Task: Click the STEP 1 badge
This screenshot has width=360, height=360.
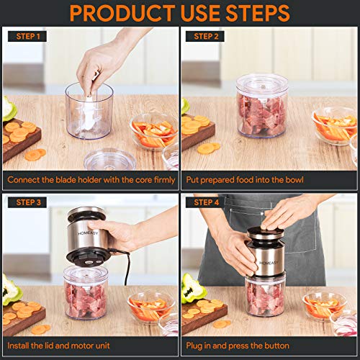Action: click(26, 36)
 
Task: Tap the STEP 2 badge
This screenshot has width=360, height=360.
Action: click(206, 36)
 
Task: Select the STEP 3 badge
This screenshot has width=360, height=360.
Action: click(26, 202)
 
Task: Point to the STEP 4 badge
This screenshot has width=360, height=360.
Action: click(206, 202)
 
